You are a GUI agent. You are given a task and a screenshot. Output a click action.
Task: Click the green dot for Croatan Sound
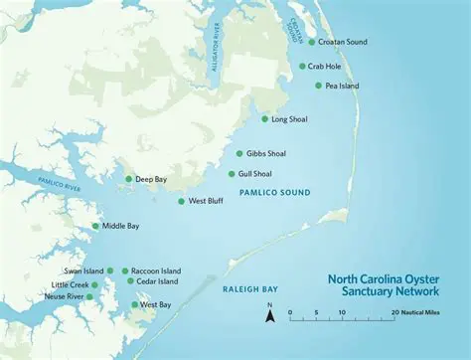pyautogui.click(x=311, y=42)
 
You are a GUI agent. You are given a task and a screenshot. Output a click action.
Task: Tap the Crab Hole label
pyautogui.click(x=324, y=67)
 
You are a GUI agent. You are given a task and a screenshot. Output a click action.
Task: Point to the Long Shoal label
pyautogui.click(x=289, y=119)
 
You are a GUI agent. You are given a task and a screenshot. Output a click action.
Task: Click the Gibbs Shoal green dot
pyautogui.click(x=239, y=154)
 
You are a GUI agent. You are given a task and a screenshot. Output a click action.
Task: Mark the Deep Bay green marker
pyautogui.click(x=128, y=179)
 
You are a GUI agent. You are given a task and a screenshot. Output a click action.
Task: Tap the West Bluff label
pyautogui.click(x=207, y=201)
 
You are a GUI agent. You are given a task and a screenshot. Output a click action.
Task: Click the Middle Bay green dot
pyautogui.click(x=95, y=226)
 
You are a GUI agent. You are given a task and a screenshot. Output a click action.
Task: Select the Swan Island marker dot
pyautogui.click(x=110, y=270)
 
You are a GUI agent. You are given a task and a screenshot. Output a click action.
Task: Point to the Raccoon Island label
pyautogui.click(x=157, y=270)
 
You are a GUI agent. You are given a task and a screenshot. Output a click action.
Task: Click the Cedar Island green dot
pyautogui.click(x=130, y=281)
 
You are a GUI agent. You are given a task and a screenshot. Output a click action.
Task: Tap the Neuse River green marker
pyautogui.click(x=89, y=296)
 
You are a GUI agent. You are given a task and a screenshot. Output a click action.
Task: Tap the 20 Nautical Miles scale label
pyautogui.click(x=418, y=311)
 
